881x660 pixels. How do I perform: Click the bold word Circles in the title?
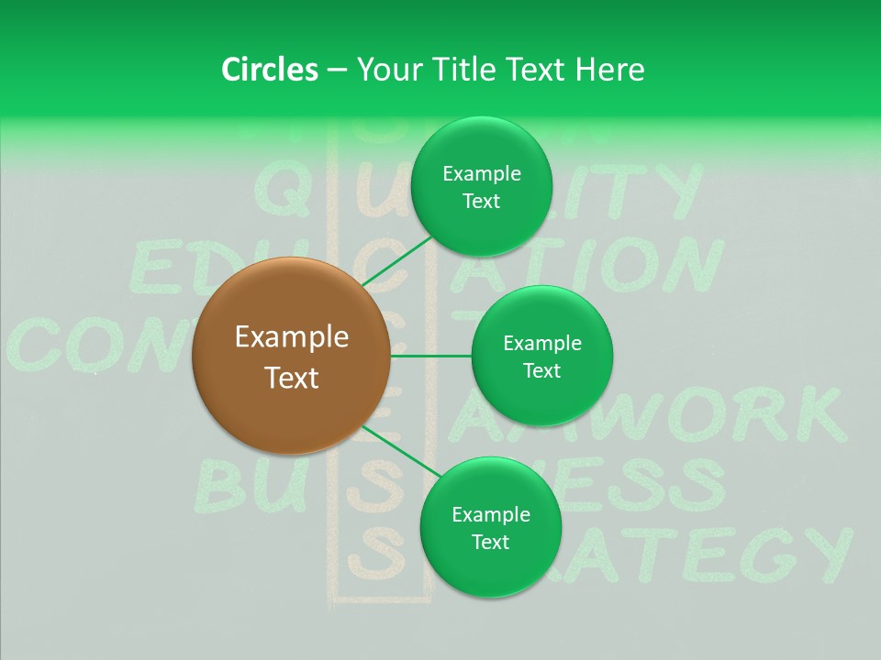[x=269, y=70]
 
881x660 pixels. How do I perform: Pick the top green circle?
[x=481, y=187]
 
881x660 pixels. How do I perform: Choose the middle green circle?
[x=542, y=356]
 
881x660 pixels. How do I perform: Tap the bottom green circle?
[x=490, y=527]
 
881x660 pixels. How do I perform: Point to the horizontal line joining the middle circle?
[x=430, y=356]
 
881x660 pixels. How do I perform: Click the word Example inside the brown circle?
[x=292, y=337]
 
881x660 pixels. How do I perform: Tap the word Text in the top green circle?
[x=481, y=202]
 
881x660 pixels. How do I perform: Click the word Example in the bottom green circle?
[x=490, y=514]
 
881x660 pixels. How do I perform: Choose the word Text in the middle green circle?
[x=542, y=370]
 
